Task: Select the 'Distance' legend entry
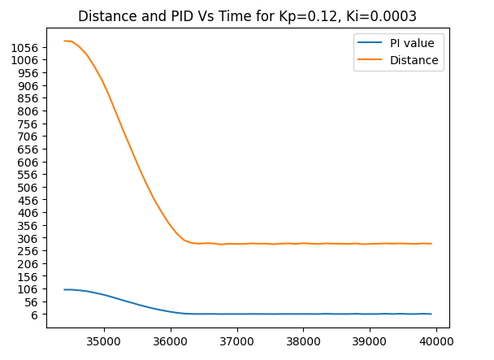[413, 60]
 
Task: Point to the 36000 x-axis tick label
[171, 335]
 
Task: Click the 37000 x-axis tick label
[237, 335]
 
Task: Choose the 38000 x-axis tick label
[303, 335]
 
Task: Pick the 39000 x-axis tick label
[370, 335]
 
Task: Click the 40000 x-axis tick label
[436, 335]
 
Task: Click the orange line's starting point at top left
[64, 41]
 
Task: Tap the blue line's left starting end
[64, 289]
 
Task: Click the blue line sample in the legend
[370, 43]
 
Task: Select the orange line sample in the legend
[370, 60]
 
